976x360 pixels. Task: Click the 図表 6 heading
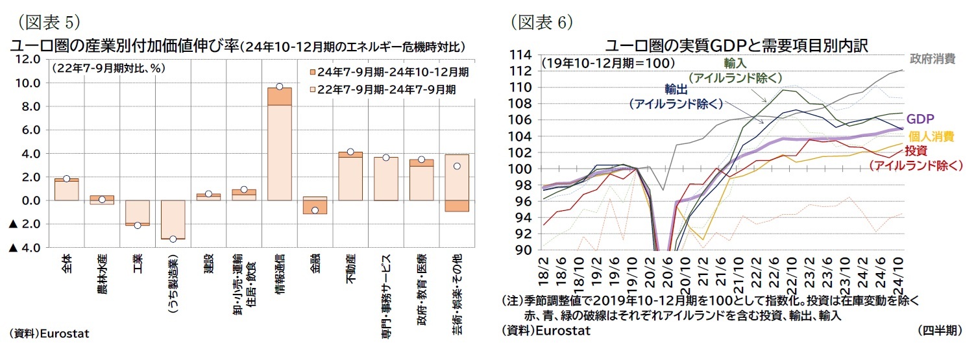541,21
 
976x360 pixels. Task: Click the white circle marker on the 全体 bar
67,178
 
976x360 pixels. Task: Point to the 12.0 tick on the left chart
27,59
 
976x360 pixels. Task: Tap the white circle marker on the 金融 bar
315,210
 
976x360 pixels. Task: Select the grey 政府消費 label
932,59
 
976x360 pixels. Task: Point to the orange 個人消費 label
931,136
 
